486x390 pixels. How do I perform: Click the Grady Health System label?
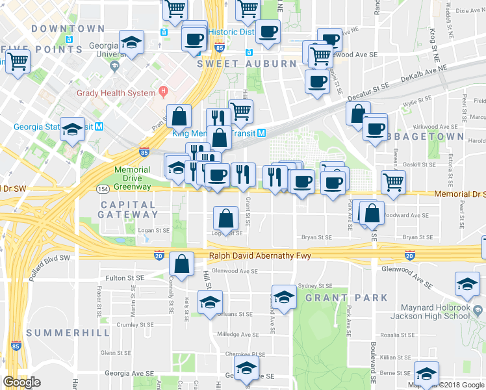tap(116, 93)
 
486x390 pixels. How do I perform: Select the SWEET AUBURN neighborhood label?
tap(238, 64)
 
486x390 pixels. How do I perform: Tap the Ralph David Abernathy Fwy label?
tap(259, 255)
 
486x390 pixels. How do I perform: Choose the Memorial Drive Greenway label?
tap(123, 178)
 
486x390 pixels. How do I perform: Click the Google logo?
tap(21, 382)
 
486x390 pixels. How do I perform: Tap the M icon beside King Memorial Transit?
tap(261, 133)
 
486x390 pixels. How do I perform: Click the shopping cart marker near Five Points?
tap(18, 62)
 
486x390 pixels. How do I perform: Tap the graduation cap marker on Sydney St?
tap(283, 296)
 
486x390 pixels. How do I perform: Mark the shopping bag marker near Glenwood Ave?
tap(181, 263)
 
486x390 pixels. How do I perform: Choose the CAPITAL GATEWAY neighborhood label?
tap(128, 210)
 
